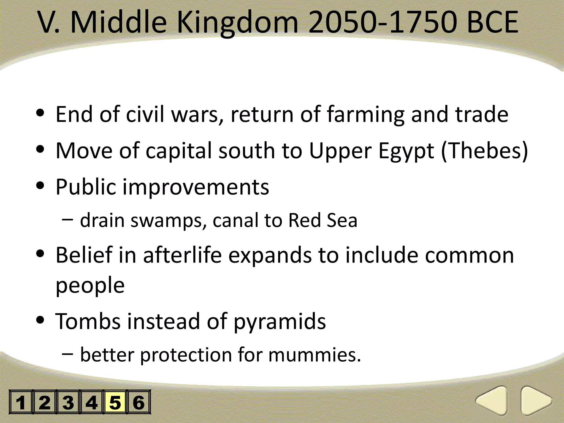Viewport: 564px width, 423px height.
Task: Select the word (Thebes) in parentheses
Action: point(485,151)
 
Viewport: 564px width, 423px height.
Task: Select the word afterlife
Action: point(182,255)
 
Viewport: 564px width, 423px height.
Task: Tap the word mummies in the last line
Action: point(314,355)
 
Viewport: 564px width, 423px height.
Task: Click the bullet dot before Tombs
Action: point(40,320)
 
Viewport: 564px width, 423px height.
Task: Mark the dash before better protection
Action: point(67,354)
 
